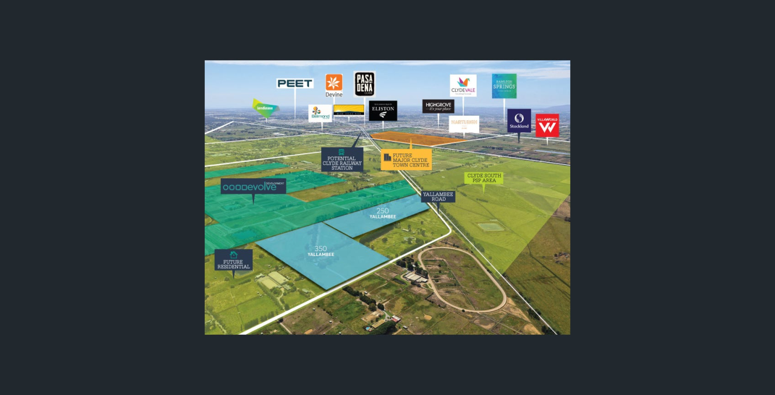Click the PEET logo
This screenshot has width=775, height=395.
[295, 84]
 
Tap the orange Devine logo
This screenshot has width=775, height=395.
[334, 85]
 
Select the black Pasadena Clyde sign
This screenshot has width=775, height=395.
[364, 84]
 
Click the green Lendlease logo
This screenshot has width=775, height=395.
[265, 107]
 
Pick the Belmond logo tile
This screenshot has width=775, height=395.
[320, 113]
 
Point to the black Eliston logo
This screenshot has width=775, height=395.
[383, 110]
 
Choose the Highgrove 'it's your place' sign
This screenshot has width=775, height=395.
[438, 106]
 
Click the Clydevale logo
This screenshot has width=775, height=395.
[463, 85]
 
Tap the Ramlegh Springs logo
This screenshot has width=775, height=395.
[504, 86]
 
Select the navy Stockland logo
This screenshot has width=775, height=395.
[519, 120]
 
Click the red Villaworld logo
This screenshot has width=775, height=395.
[547, 125]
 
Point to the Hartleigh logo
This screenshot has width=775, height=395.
[464, 124]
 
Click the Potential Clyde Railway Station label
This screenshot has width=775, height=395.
[342, 160]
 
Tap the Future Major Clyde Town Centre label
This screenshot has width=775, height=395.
[406, 160]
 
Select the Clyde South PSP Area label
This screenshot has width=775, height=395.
[484, 178]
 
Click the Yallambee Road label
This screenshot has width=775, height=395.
[438, 197]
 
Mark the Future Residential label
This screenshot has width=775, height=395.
[234, 260]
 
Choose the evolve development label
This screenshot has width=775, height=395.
[254, 187]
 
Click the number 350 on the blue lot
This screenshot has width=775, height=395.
[321, 249]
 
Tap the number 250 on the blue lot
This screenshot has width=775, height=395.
[383, 211]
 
